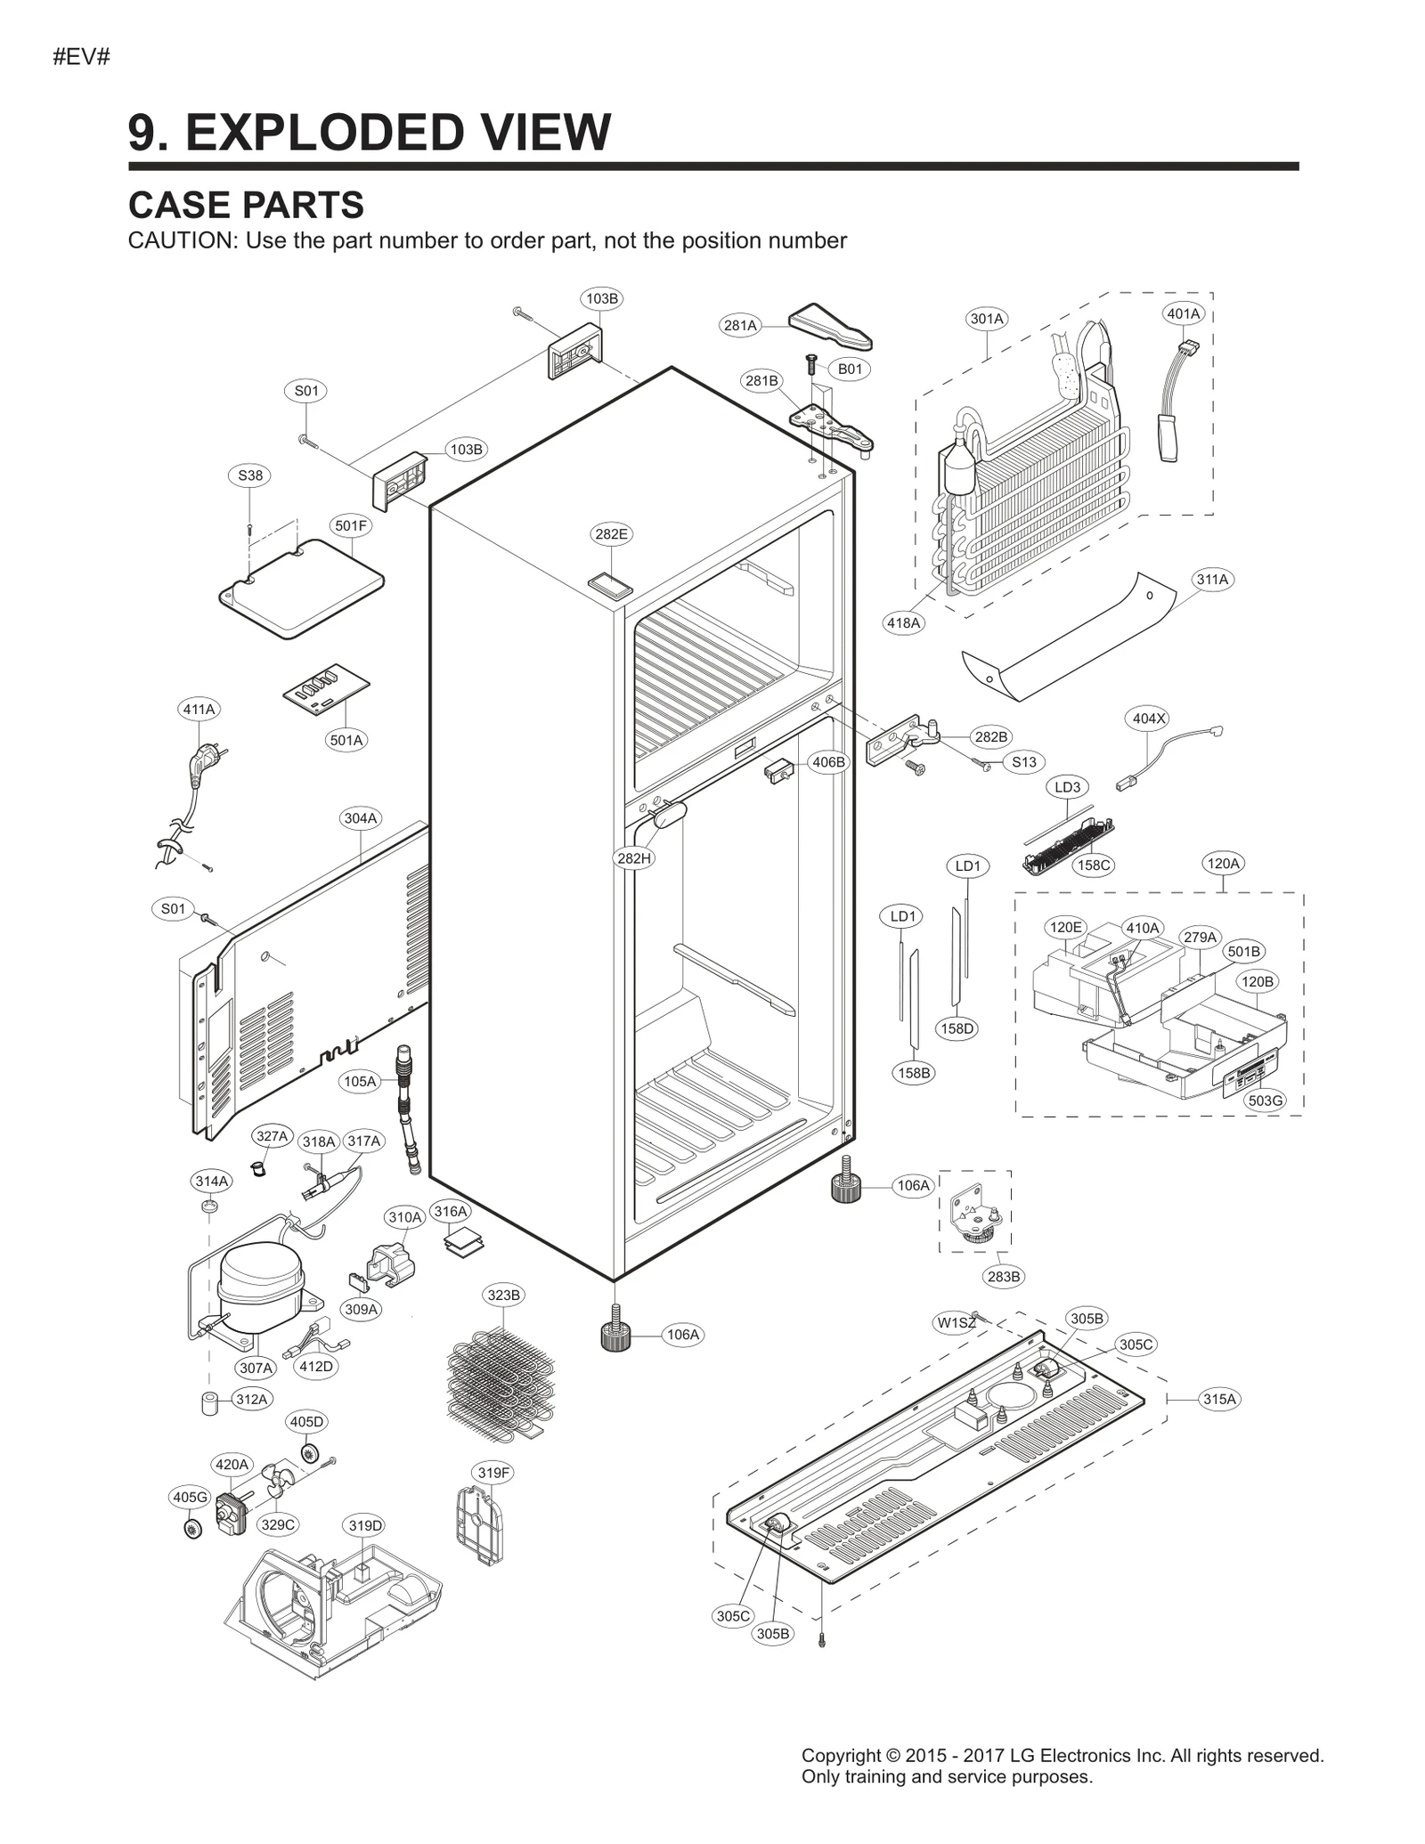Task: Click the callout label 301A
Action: (x=986, y=319)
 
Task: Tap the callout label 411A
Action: (x=199, y=710)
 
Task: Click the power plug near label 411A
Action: (x=201, y=764)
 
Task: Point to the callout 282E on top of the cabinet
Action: (x=611, y=534)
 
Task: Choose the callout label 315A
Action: (x=1219, y=1399)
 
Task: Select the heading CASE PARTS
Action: (x=246, y=205)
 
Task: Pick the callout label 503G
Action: (x=1265, y=1101)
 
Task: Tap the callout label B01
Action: (x=850, y=369)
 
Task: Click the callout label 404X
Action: (x=1148, y=719)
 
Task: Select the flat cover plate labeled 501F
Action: (x=301, y=588)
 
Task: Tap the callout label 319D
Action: (x=365, y=1525)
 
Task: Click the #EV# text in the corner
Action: (x=81, y=58)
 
